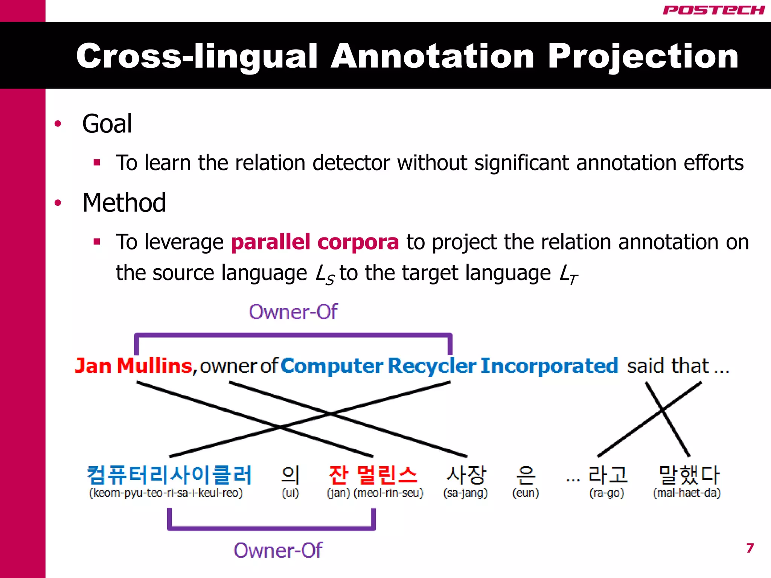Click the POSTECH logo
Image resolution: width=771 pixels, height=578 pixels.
coord(713,10)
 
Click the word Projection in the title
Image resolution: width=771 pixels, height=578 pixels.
coord(643,56)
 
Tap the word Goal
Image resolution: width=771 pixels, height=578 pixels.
coord(107,124)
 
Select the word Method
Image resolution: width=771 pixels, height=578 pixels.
coord(124,203)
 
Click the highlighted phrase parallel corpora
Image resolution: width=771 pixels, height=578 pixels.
coord(315,242)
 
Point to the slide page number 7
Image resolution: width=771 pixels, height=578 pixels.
coord(750,548)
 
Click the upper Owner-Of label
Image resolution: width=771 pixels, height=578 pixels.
coord(293,312)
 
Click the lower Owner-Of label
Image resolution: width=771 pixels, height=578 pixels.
coord(278,551)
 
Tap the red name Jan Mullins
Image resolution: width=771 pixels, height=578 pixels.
coord(134,366)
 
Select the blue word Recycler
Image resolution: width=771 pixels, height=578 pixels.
coord(432,366)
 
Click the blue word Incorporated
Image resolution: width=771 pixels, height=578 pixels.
coord(549,366)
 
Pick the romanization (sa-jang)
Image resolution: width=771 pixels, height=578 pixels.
coord(465,493)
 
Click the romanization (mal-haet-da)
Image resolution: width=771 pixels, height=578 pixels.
coord(687,493)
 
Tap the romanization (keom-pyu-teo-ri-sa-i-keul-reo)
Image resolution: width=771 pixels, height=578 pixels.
coord(166,493)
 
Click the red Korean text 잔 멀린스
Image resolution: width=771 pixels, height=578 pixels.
coord(373,475)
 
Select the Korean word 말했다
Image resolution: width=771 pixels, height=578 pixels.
coord(689,475)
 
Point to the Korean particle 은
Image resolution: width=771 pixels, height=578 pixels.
coord(526,475)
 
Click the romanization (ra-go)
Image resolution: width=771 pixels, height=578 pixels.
coord(607,493)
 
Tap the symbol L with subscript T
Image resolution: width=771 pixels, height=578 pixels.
coord(568,274)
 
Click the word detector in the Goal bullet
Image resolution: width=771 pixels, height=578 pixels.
coord(352,163)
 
